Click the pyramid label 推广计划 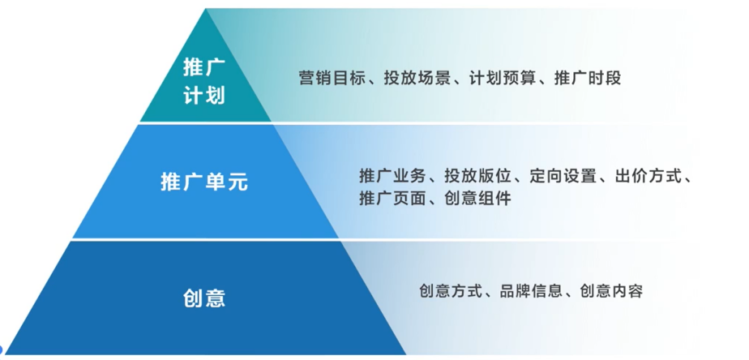(x=204, y=82)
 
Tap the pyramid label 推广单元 (x=204, y=182)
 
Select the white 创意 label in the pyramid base (x=204, y=298)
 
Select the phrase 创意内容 (x=611, y=291)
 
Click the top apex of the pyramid (x=206, y=9)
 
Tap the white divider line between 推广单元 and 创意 (x=205, y=239)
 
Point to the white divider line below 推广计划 (x=205, y=123)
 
